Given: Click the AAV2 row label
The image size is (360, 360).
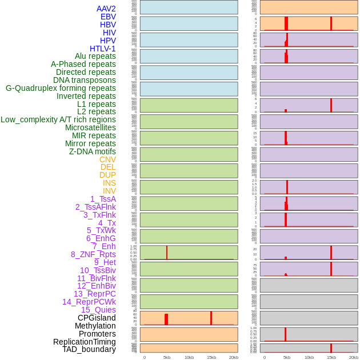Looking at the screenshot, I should (106, 9).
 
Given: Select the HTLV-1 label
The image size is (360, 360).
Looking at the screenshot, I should (102, 49).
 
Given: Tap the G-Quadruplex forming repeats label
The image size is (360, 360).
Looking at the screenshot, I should (61, 88).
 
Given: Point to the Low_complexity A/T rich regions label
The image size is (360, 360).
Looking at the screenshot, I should (58, 119).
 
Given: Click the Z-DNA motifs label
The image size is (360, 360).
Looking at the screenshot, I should (92, 151).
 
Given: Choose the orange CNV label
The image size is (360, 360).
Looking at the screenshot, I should (107, 159).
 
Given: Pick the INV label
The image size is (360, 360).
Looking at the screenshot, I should (109, 191).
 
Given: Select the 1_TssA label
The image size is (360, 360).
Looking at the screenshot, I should (103, 199).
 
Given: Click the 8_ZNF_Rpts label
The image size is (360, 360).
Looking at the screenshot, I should (93, 254).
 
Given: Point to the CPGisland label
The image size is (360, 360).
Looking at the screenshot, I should (97, 318).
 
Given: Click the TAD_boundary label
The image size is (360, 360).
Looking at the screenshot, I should (89, 349).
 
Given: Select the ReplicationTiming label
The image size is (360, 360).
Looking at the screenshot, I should (84, 342).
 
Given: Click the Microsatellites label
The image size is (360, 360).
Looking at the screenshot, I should (90, 127).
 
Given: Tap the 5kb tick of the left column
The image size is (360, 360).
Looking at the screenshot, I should (167, 357).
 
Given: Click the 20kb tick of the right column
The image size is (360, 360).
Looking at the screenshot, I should (354, 357).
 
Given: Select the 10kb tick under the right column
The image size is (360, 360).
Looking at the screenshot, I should (309, 357).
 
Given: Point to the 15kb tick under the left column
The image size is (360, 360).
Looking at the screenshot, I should (211, 357).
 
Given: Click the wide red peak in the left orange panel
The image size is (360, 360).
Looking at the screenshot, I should (166, 319).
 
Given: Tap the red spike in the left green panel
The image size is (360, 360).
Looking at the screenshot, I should (167, 252).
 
